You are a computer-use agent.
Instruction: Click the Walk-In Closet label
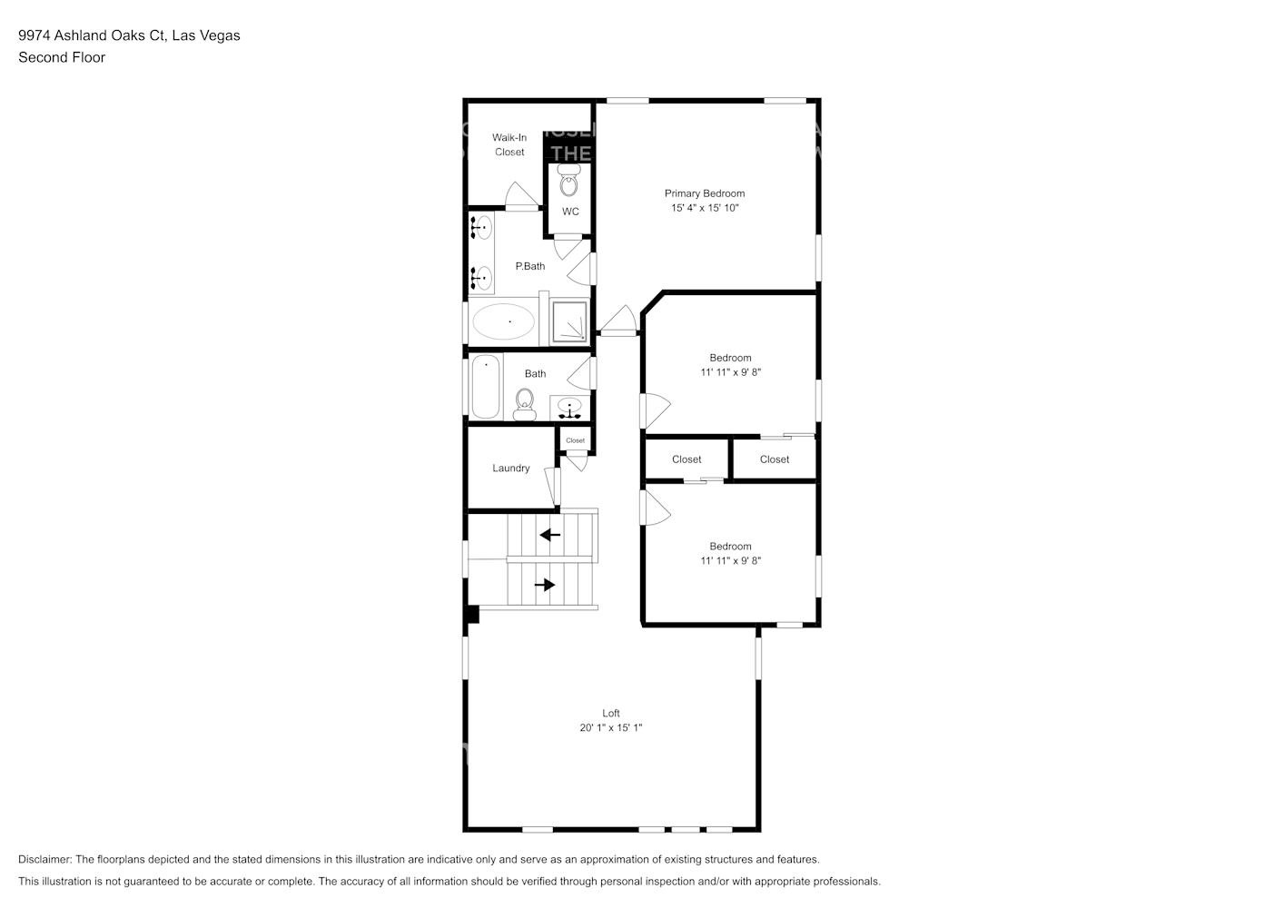[x=509, y=145]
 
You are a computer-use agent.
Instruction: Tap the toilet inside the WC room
[x=568, y=181]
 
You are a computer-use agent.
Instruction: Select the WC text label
[x=570, y=212]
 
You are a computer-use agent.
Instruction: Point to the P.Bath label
[x=530, y=266]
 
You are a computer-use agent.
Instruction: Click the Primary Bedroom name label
[x=705, y=193]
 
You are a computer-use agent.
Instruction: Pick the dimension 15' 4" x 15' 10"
[x=705, y=208]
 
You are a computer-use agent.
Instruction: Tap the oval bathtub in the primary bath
[x=503, y=322]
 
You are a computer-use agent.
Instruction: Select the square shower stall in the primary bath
[x=569, y=321]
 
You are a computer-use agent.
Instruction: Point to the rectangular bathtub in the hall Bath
[x=486, y=386]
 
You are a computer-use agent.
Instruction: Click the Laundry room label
[x=511, y=469]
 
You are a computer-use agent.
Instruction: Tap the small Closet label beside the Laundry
[x=576, y=440]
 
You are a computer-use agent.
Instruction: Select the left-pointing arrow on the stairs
[x=549, y=535]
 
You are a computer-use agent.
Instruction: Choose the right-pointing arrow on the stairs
[x=545, y=586]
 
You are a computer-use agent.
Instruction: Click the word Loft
[x=611, y=713]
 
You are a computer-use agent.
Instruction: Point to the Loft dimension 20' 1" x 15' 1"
[x=611, y=728]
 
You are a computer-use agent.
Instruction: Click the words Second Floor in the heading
[x=62, y=57]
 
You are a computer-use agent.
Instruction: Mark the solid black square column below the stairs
[x=471, y=615]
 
